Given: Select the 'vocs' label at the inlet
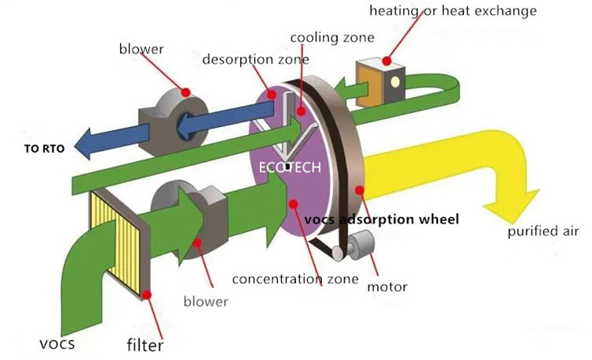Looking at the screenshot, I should click(58, 344).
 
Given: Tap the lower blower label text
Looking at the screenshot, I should click(205, 301).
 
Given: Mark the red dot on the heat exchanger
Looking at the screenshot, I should click(387, 61).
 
